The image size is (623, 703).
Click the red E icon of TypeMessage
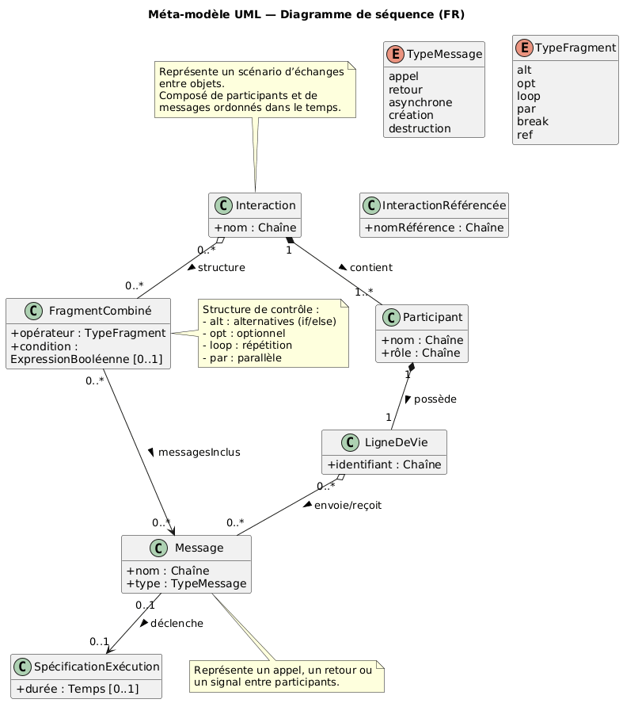tap(397, 55)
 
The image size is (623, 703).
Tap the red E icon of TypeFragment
tap(526, 48)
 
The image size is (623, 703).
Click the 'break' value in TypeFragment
tap(531, 121)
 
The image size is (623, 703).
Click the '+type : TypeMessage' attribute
tap(186, 584)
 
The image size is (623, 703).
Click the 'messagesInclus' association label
tap(199, 452)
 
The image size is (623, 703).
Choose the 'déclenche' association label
tap(177, 624)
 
